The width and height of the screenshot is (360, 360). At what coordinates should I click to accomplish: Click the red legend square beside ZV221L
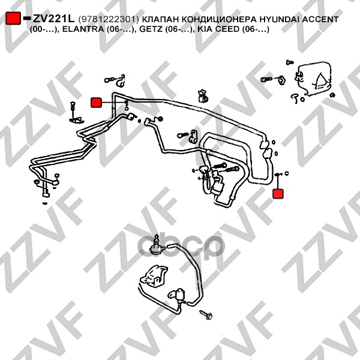pyautogui.click(x=13, y=18)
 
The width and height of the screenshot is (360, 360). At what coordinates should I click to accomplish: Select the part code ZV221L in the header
pyautogui.click(x=54, y=19)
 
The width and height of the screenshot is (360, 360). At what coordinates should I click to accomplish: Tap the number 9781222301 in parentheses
pyautogui.click(x=109, y=20)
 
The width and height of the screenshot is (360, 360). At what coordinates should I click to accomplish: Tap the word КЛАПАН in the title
pyautogui.click(x=160, y=20)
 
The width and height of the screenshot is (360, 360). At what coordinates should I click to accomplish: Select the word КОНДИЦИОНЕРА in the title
pyautogui.click(x=219, y=20)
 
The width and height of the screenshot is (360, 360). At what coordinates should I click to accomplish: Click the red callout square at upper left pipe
pyautogui.click(x=96, y=103)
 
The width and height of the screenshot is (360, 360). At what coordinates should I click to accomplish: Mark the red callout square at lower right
pyautogui.click(x=278, y=194)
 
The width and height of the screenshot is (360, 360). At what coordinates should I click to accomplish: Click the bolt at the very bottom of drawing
pyautogui.click(x=206, y=314)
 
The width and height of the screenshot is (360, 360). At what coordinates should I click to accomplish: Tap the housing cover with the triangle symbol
pyautogui.click(x=314, y=78)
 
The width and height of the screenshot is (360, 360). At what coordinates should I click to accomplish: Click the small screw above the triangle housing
pyautogui.click(x=290, y=62)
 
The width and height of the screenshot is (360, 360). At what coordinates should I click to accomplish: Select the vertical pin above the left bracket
pyautogui.click(x=73, y=109)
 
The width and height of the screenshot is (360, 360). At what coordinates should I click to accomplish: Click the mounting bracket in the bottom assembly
pyautogui.click(x=153, y=276)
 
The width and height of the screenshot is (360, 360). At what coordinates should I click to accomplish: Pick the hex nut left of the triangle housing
pyautogui.click(x=281, y=80)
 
